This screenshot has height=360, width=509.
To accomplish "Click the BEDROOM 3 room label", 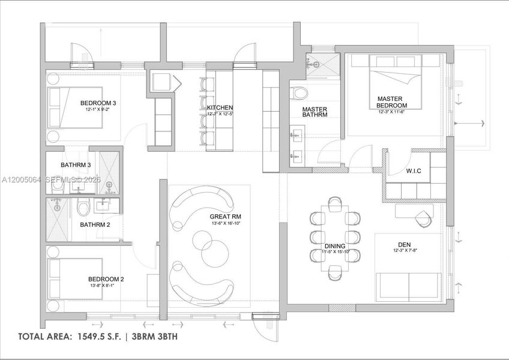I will (98, 103).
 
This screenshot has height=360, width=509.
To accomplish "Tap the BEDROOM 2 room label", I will (106, 279).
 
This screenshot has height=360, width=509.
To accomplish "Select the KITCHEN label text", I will (220, 107).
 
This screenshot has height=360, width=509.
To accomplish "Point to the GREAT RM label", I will (225, 217).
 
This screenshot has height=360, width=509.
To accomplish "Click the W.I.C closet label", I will (414, 171).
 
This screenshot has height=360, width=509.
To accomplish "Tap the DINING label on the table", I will (335, 246).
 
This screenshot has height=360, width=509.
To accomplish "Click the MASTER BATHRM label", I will (314, 112).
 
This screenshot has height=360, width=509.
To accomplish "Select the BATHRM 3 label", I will (76, 165).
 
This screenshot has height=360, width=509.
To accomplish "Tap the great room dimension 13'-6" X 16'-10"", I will (226, 224).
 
